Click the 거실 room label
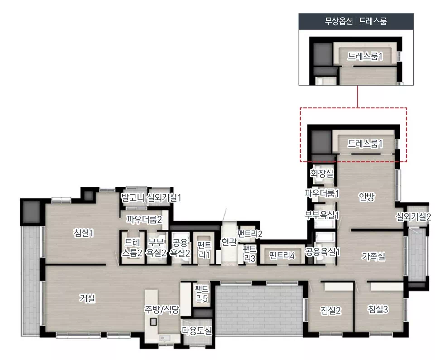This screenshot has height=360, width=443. [87, 298]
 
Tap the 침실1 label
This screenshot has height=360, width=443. [83, 233]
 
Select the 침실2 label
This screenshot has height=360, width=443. [331, 310]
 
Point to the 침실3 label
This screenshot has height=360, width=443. [378, 309]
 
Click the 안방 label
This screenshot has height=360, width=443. [367, 197]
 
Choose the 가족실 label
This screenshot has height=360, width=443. [374, 256]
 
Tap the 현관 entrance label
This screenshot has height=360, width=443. [229, 242]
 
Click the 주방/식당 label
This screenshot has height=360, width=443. [162, 309]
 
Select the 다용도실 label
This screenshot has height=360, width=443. [197, 331]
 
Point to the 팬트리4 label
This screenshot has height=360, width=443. [282, 255]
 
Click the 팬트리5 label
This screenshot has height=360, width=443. [202, 293]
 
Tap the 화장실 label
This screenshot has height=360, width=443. [322, 173]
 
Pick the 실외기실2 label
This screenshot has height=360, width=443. [413, 216]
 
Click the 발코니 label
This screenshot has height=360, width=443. [133, 197]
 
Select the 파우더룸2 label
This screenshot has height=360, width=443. [144, 219]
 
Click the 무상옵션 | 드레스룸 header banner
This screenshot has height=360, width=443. [356, 21]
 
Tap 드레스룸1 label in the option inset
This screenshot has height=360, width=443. [365, 56]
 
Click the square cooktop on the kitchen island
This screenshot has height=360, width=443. [154, 322]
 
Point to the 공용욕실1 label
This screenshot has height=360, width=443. [322, 252]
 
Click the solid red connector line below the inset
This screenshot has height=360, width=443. [357, 96]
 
